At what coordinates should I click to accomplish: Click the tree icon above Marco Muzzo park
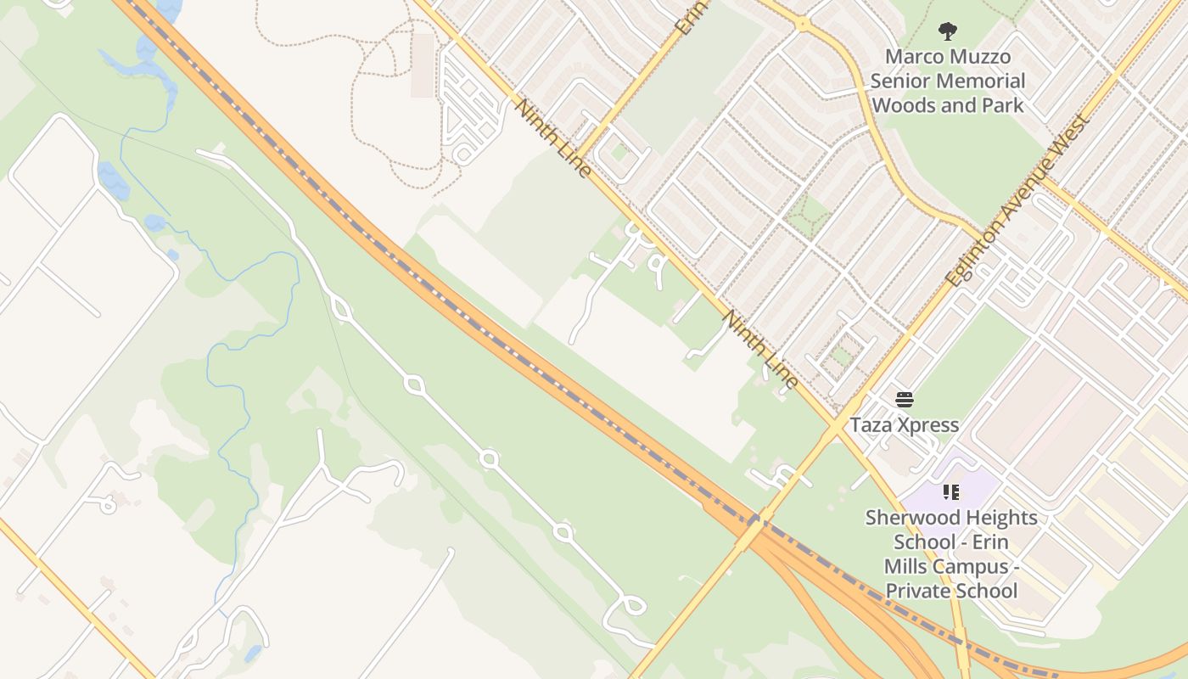coord(948,31)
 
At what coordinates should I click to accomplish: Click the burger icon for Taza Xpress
coord(905,400)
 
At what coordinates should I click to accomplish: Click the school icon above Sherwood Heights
coord(950,492)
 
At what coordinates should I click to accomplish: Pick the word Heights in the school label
coord(999,518)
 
